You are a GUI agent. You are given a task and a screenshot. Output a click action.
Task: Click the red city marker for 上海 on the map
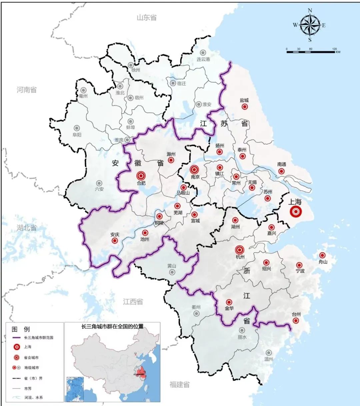pyautogui.click(x=295, y=212)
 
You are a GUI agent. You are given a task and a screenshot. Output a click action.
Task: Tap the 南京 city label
pyautogui.click(x=195, y=177)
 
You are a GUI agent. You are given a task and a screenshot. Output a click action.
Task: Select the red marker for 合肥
pyautogui.click(x=141, y=175)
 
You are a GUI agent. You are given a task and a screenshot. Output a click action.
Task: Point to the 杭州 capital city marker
pyautogui.click(x=240, y=249)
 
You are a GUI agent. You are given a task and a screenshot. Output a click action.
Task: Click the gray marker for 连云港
pyautogui.click(x=203, y=53)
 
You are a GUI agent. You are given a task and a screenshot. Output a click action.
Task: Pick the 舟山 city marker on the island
pyautogui.click(x=322, y=255)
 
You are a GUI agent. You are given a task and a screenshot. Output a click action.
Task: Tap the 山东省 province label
pyautogui.click(x=146, y=18)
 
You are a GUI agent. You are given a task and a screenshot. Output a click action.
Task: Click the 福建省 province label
pyautogui.click(x=179, y=384)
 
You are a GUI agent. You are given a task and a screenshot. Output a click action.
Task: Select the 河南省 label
pyautogui.click(x=27, y=90)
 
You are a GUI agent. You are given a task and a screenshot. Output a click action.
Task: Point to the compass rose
pyautogui.click(x=310, y=25)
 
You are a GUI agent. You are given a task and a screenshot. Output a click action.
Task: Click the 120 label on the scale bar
pyautogui.click(x=334, y=49)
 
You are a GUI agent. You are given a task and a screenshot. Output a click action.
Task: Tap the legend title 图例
pyautogui.click(x=21, y=329)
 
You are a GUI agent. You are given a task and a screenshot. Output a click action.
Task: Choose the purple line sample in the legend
pyautogui.click(x=17, y=338)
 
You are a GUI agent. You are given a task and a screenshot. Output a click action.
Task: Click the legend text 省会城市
pyautogui.click(x=31, y=357)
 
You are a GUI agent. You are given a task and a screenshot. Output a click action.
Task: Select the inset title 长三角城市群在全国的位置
pyautogui.click(x=112, y=326)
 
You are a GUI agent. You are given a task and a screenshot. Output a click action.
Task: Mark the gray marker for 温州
pyautogui.click(x=269, y=353)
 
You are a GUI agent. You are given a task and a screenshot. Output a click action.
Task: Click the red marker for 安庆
pyautogui.click(x=115, y=240)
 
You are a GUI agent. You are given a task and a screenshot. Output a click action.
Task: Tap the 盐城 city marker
pyautogui.click(x=244, y=107)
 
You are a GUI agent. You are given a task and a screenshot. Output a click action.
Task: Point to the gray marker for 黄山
pyautogui.click(x=172, y=272)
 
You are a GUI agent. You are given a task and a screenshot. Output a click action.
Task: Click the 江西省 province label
pyautogui.click(x=133, y=302)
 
